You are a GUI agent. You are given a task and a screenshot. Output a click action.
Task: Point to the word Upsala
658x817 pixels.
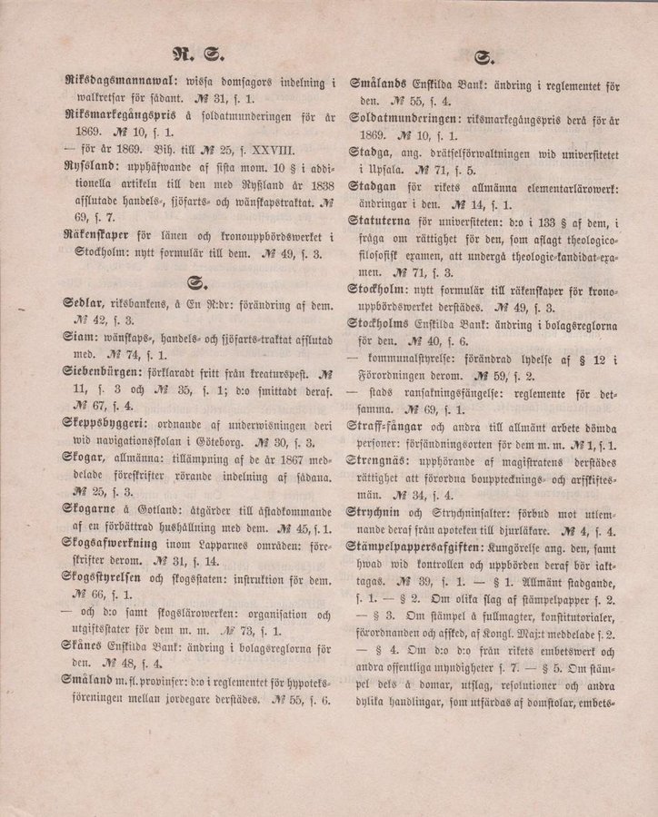point(388,170)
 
